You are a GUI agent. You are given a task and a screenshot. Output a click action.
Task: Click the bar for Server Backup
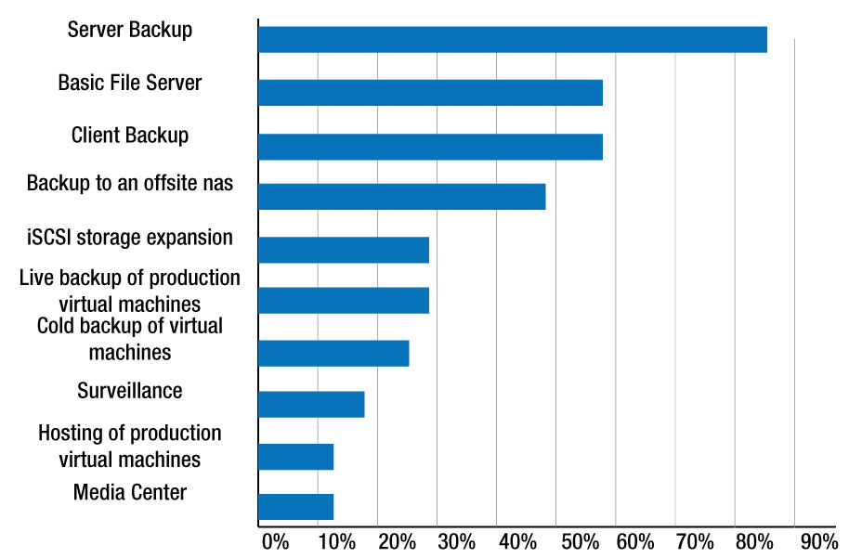pos(512,40)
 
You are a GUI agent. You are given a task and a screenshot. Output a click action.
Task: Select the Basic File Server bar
pos(430,93)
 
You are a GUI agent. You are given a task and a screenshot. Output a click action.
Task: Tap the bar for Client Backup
pos(430,147)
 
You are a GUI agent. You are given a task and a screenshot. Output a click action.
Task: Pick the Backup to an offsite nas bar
pos(401,197)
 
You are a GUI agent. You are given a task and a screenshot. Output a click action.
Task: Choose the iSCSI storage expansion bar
pos(344,250)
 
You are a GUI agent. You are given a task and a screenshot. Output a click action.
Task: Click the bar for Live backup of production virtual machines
pos(344,301)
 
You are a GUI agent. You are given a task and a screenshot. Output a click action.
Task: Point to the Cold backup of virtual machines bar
pos(333,354)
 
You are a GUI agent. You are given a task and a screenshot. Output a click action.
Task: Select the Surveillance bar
pos(311,405)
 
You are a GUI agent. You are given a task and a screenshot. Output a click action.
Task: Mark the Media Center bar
pos(295,507)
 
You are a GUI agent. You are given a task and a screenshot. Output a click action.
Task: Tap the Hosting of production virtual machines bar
pos(295,457)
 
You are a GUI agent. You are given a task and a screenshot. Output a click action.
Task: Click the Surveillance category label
pos(130,391)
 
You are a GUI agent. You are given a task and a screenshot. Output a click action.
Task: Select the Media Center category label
pos(130,492)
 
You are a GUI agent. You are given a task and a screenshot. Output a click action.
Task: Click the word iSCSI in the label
pos(49,238)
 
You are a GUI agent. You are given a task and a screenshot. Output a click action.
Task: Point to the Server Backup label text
pos(130,30)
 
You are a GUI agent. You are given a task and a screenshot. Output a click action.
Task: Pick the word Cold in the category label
pos(58,327)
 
